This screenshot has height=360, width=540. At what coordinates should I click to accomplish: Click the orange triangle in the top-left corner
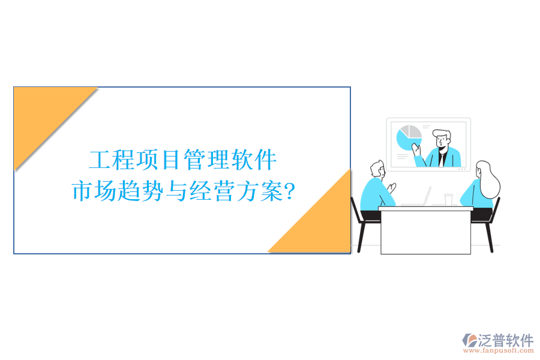42,114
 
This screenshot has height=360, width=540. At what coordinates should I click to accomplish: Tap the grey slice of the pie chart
413,133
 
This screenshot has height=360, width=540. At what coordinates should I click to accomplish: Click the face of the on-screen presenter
443,140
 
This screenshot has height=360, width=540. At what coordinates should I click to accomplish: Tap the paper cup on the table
448,199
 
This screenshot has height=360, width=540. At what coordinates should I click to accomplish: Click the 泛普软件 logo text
505,341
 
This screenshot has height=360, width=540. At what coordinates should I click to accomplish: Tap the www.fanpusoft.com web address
499,351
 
